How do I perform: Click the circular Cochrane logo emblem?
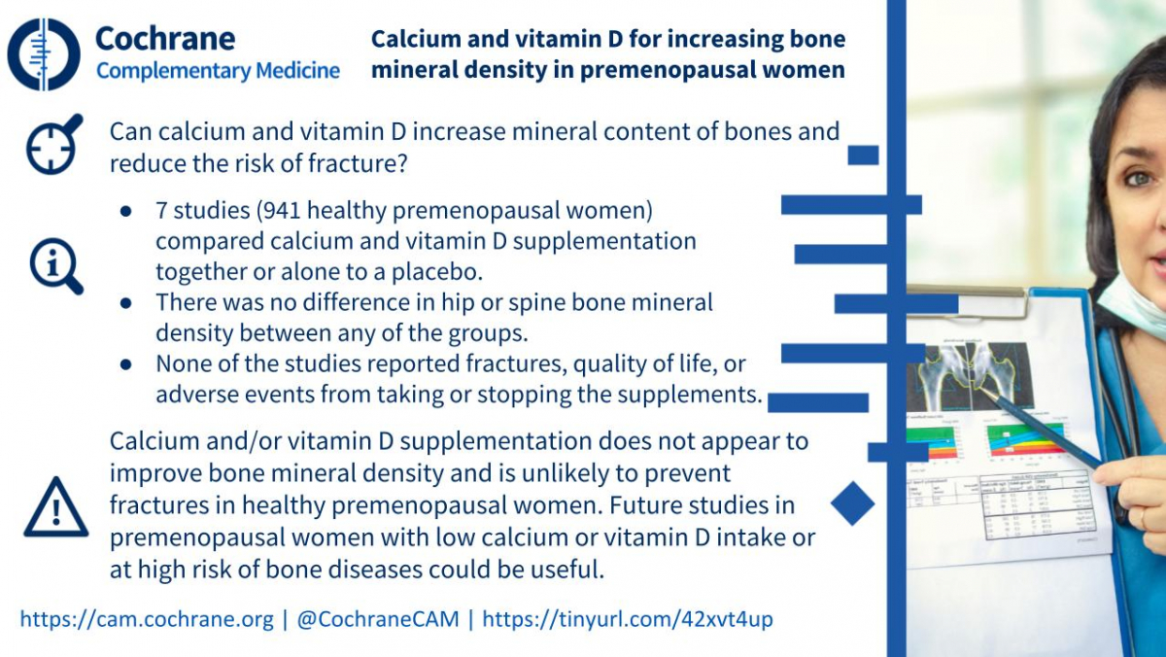point(44,54)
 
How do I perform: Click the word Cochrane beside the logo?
point(165,39)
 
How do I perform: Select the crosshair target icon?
point(54,144)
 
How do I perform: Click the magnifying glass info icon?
point(55,266)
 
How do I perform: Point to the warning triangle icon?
point(56,507)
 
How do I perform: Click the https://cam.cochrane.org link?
point(147,619)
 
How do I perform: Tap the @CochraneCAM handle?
point(378,619)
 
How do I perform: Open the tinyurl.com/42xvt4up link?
point(628,619)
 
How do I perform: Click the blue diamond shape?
point(853,503)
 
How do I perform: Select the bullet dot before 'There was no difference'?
point(125,303)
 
